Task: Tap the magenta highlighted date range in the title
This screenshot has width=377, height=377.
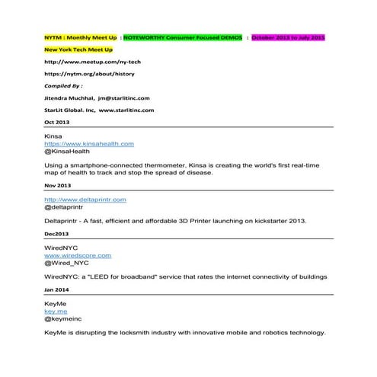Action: [x=288, y=37]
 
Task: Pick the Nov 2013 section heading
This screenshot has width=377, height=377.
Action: [x=57, y=185]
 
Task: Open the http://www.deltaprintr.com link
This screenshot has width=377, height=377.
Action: [x=85, y=199]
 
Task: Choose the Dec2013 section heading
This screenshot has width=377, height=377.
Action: [x=56, y=233]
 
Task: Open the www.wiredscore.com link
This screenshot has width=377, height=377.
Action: [x=78, y=255]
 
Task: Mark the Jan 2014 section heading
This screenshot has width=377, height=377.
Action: [x=56, y=289]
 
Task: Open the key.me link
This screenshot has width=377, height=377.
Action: [x=56, y=312]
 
